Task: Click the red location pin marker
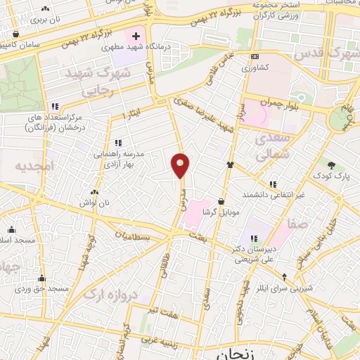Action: click(x=181, y=165)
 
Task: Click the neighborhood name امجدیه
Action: click(x=34, y=166)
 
